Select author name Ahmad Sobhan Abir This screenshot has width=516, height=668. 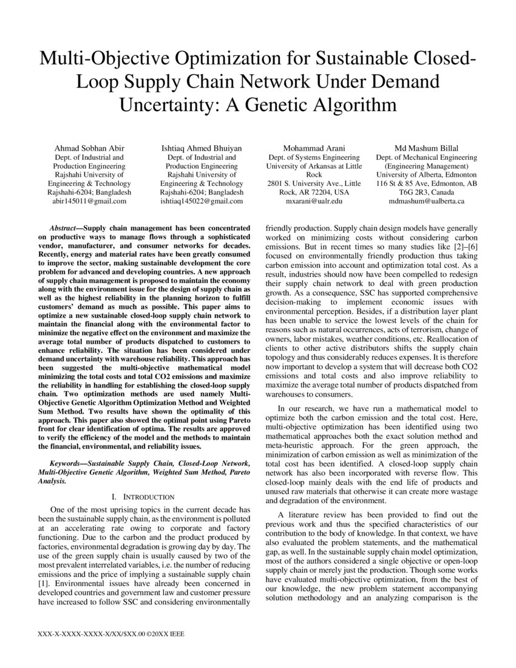pos(89,148)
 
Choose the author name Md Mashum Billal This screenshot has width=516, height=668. pos(426,148)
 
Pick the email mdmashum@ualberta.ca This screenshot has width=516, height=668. pos(426,200)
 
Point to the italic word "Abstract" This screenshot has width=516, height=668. pos(66,225)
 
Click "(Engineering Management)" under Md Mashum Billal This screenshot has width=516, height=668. pos(426,165)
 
